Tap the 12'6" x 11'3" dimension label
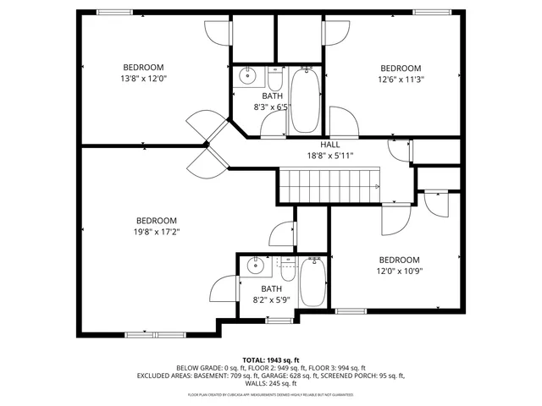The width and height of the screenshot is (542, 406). click(x=400, y=81)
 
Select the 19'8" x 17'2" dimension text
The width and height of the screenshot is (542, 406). click(x=157, y=232)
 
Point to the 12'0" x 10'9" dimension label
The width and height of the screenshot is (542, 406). click(x=399, y=272)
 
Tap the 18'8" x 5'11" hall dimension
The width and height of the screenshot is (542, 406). click(x=329, y=156)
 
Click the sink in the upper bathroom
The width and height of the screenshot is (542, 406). click(x=246, y=77)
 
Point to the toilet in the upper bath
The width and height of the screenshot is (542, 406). click(x=275, y=80)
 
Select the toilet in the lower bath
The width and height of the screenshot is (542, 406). click(x=288, y=270)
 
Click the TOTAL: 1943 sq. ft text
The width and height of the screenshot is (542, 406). click(x=270, y=359)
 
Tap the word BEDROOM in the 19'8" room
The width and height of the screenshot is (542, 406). click(x=157, y=220)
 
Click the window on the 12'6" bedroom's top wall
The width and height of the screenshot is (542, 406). click(x=428, y=12)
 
